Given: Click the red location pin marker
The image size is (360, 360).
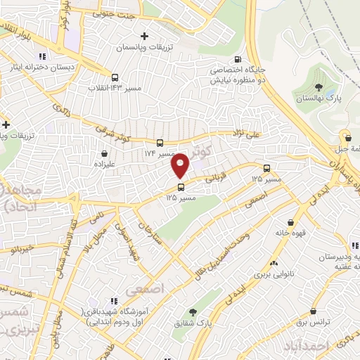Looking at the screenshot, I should pyautogui.click(x=181, y=165).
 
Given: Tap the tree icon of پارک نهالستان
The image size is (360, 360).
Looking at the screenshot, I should pyautogui.click(x=319, y=88).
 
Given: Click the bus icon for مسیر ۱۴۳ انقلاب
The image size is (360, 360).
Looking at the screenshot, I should pyautogui.click(x=115, y=78).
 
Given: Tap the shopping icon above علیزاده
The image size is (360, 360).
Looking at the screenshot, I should pyautogui.click(x=105, y=153).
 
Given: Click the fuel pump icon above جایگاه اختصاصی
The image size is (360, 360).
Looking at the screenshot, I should pyautogui.click(x=238, y=60).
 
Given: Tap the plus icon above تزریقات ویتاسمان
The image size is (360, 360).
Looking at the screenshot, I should pyautogui.click(x=144, y=36).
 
